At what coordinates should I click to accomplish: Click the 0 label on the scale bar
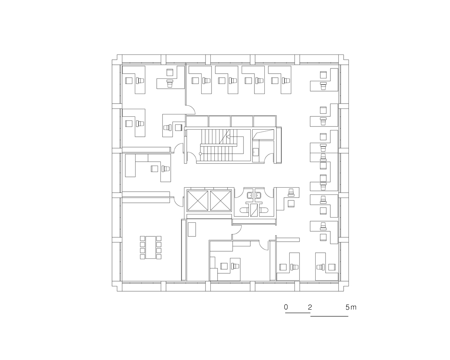pos(286,307)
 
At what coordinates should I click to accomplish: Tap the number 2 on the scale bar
pos(310,307)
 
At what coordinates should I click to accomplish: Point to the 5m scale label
pos(351,307)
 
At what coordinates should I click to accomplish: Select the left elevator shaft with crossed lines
pos(198,200)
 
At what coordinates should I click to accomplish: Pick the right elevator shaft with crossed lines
pos(220,200)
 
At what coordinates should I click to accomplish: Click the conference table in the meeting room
pos(151,247)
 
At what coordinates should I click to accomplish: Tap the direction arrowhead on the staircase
pos(228,137)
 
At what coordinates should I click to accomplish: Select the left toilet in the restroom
pos(244,211)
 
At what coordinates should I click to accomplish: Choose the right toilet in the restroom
pos(264,211)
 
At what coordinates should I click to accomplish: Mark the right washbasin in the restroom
pos(258,195)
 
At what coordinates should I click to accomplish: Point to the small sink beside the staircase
pos(256,152)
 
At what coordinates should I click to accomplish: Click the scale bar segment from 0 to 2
pos(298,313)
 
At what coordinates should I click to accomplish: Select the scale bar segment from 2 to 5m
pos(330,316)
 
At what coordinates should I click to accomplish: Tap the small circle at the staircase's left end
pos(200,154)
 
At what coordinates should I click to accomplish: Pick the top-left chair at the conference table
pos(143,238)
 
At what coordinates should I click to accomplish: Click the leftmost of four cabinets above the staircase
pos(197,121)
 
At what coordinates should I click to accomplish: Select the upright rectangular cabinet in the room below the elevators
pos(192,229)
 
